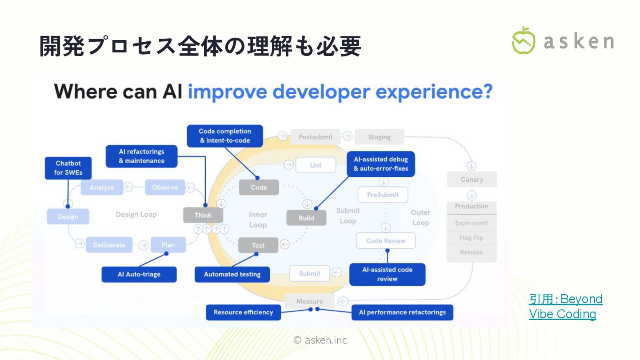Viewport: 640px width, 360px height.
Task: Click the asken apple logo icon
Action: (x=524, y=40)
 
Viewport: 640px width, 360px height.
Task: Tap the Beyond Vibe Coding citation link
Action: (x=565, y=306)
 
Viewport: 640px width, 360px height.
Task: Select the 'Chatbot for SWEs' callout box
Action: (x=68, y=168)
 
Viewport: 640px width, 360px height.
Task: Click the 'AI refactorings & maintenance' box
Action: (x=141, y=156)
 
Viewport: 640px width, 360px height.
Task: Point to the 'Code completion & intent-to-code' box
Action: (x=224, y=136)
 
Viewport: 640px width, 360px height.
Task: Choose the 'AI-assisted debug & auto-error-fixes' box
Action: (x=380, y=164)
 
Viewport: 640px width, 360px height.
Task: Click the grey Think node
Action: (x=203, y=216)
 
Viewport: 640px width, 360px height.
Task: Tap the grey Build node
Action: (x=306, y=218)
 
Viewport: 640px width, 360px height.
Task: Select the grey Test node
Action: (x=258, y=245)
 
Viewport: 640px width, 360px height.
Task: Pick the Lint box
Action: (x=316, y=165)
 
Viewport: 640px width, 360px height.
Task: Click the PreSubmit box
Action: (x=383, y=195)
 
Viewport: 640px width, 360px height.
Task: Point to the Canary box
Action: (x=472, y=180)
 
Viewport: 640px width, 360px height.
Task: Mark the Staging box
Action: (x=379, y=137)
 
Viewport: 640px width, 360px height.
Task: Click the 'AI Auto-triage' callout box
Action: (x=139, y=274)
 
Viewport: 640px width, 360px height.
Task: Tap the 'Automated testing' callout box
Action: (x=232, y=274)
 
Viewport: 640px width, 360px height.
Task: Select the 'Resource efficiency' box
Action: (x=243, y=312)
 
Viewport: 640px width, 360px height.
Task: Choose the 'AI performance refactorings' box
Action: (x=402, y=312)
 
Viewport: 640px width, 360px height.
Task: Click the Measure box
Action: (x=310, y=301)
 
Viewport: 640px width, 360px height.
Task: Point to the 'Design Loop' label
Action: (x=136, y=215)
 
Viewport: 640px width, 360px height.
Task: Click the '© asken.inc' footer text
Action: (x=320, y=340)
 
